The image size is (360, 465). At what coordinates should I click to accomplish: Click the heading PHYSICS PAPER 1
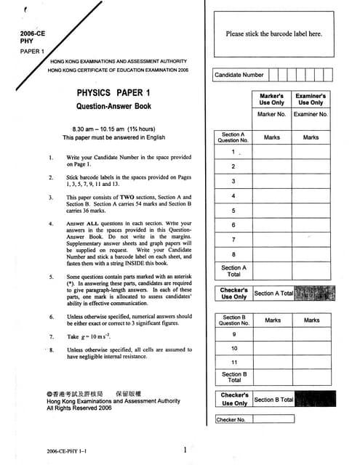[x=114, y=93]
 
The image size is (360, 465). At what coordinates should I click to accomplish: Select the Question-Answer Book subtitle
[x=113, y=106]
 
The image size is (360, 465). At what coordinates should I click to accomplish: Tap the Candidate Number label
[x=239, y=74]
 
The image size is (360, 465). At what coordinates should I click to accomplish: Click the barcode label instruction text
[x=273, y=33]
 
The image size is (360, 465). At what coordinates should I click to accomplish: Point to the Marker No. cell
[x=272, y=115]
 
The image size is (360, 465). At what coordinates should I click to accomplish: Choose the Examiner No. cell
[x=311, y=115]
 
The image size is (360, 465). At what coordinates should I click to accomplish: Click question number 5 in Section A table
[x=233, y=211]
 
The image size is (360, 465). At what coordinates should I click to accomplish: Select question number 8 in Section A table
[x=233, y=254]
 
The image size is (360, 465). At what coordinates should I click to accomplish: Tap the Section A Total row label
[x=233, y=271]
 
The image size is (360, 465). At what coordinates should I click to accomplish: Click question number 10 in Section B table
[x=233, y=349]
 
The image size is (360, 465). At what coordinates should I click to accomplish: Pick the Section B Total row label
[x=233, y=378]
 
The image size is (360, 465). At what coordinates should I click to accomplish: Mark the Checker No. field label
[x=231, y=419]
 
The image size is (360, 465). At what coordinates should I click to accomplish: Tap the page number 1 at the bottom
[x=186, y=450]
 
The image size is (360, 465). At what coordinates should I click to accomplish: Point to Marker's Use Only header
[x=272, y=99]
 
